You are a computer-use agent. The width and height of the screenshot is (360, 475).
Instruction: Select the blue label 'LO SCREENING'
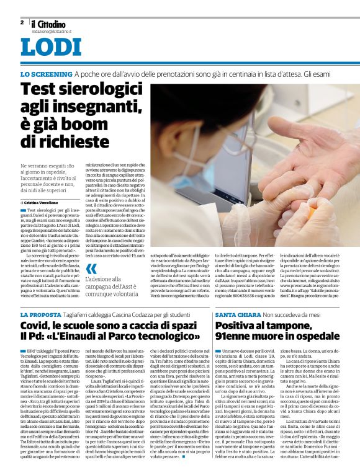tap(46, 74)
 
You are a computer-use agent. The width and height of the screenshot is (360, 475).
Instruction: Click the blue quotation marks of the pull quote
tap(92, 269)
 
